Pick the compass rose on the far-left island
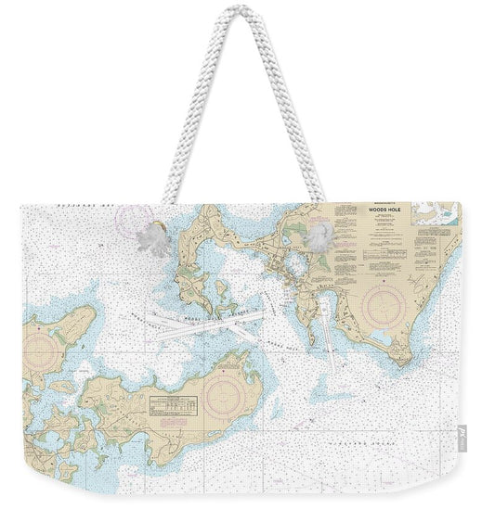tap(40, 350)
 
